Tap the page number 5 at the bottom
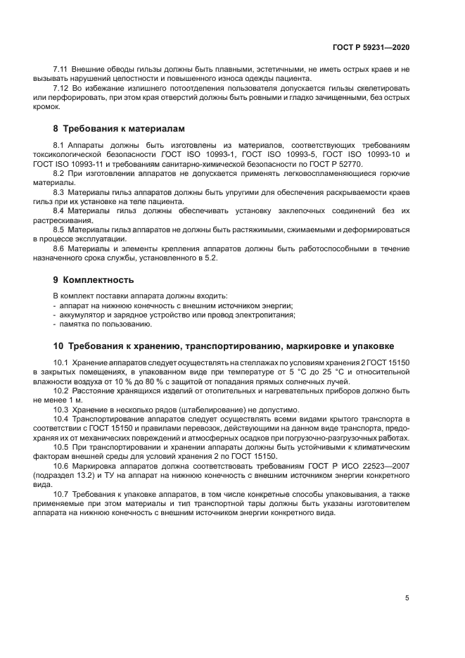tap(407, 598)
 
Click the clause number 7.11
tap(61, 70)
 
